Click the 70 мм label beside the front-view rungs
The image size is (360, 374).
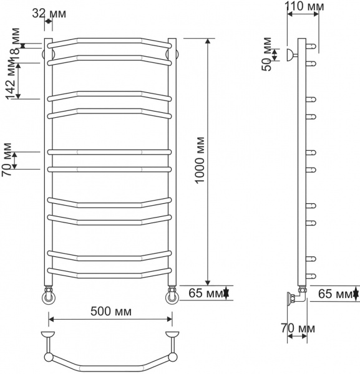tap(7, 161)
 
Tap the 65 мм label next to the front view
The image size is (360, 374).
tap(203, 292)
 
